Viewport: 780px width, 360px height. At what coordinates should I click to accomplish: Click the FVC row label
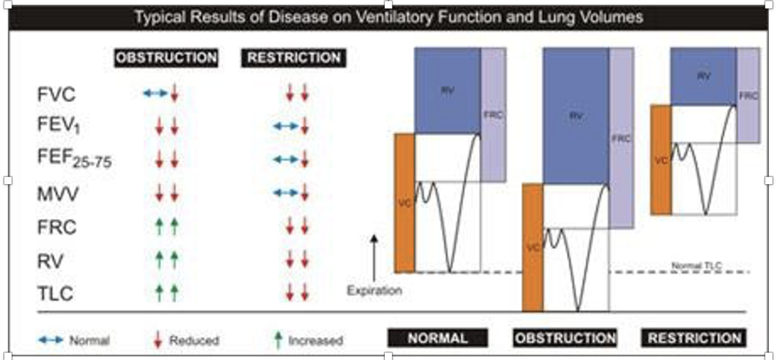57,95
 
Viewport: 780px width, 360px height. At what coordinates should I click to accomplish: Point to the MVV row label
58,194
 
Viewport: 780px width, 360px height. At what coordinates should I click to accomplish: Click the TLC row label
56,293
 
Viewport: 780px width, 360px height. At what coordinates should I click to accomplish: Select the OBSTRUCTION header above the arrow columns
166,58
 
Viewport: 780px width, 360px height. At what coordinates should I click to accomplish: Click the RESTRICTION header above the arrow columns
294,58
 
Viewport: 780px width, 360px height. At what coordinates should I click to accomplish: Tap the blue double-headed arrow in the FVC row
155,93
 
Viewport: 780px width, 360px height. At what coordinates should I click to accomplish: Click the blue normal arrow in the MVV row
285,192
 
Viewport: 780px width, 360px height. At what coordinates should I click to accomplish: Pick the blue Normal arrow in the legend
50,340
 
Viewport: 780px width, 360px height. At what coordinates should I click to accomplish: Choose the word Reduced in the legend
194,340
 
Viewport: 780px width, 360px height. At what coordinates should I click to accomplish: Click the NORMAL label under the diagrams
437,338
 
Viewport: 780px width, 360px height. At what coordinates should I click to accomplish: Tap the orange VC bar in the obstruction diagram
532,248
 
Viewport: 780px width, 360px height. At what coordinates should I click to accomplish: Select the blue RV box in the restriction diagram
703,77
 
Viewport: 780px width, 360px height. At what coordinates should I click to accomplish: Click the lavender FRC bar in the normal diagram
493,115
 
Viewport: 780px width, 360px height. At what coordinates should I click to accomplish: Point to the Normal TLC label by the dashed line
696,266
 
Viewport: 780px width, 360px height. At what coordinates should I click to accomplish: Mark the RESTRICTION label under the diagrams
694,338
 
